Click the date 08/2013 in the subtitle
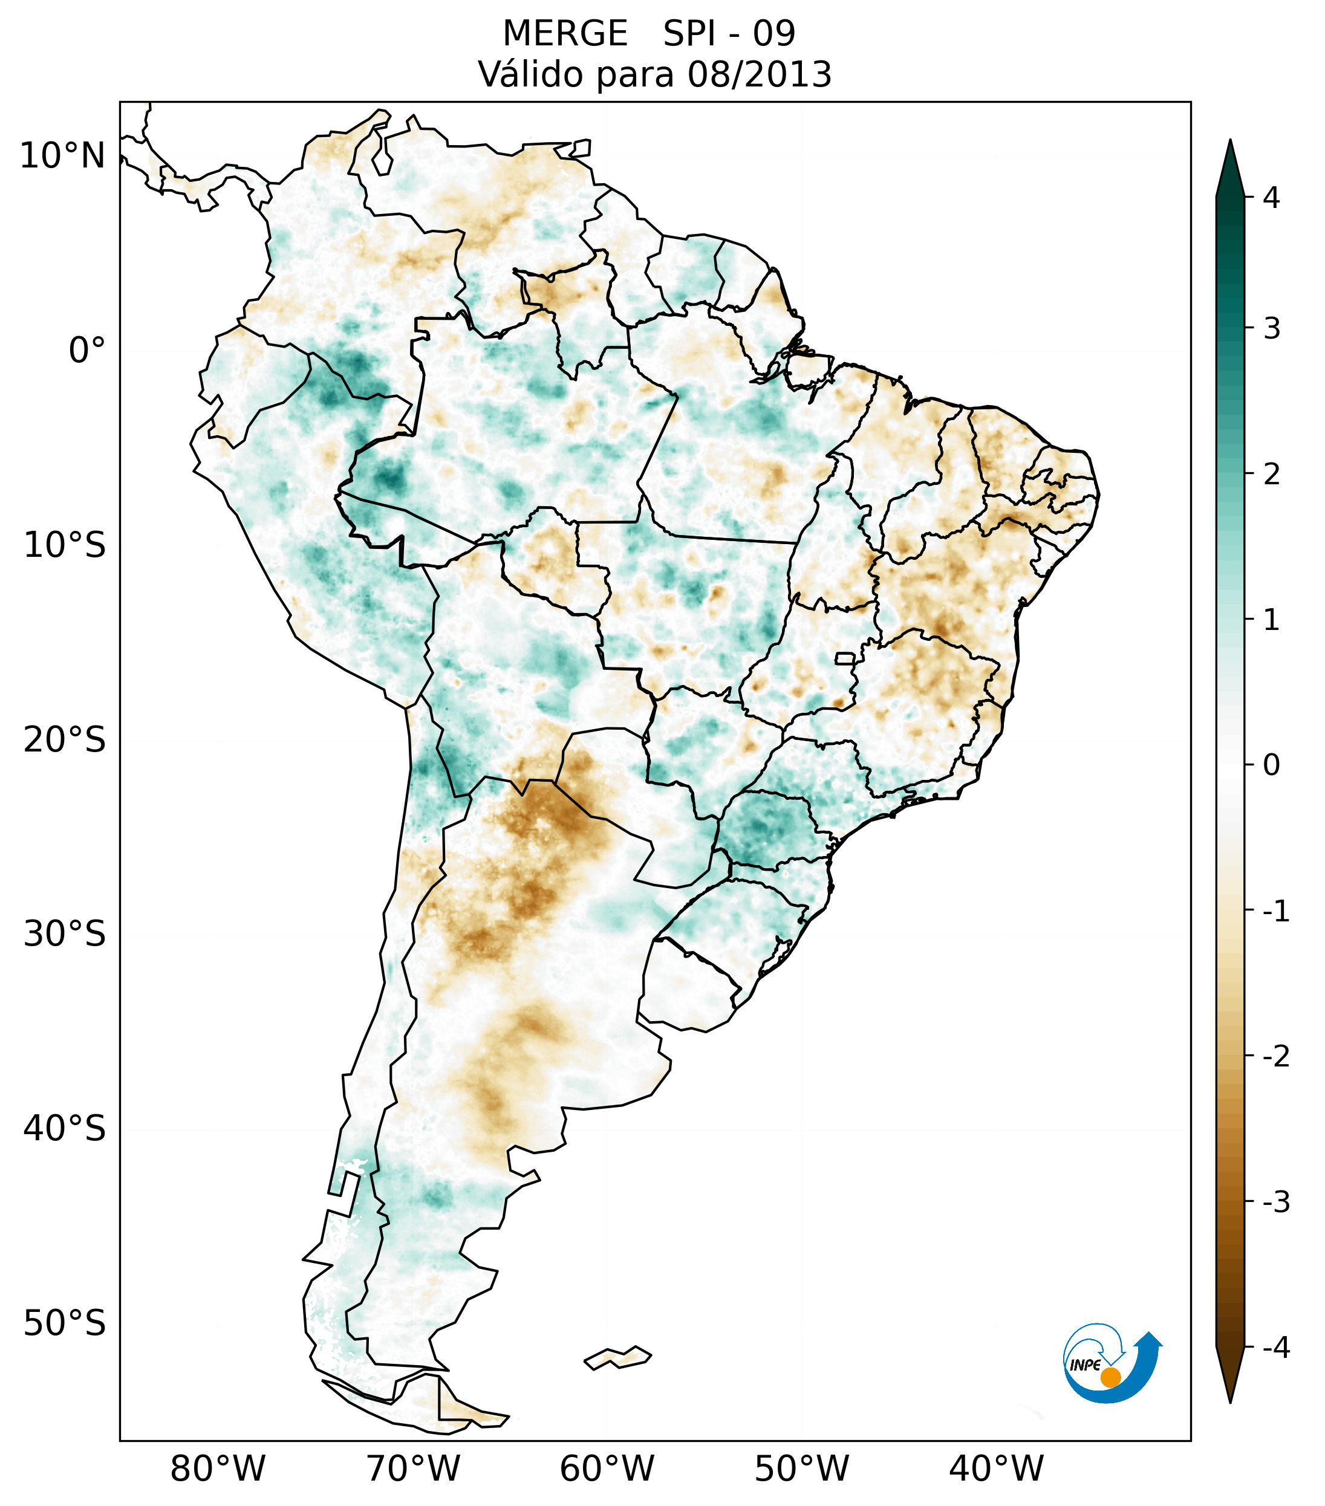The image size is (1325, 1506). click(759, 74)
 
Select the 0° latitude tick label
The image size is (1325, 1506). click(87, 351)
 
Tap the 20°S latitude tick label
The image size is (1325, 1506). click(65, 740)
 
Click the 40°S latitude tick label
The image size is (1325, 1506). click(65, 1129)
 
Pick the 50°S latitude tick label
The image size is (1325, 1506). click(65, 1323)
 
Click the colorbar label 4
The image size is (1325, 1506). click(1271, 198)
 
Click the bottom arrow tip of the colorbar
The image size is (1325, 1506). click(1230, 1401)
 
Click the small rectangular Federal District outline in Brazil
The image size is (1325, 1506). click(845, 658)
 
